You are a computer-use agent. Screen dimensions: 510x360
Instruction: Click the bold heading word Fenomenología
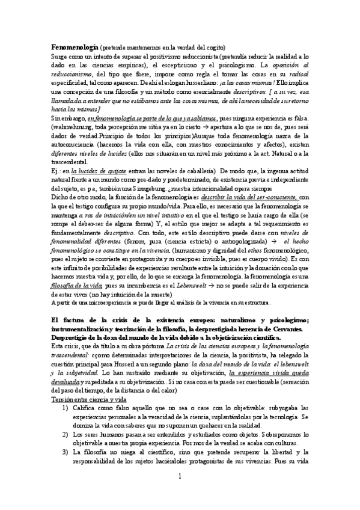(x=74, y=47)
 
